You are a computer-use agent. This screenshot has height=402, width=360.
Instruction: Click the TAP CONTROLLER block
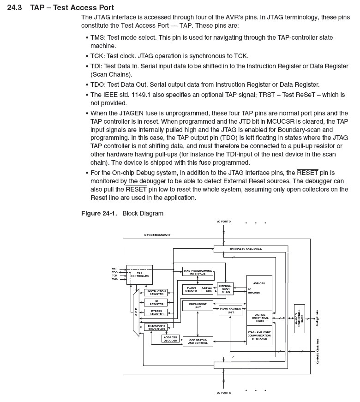139,275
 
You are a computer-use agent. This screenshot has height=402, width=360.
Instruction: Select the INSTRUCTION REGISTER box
156,293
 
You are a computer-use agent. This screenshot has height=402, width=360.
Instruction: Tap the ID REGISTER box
156,302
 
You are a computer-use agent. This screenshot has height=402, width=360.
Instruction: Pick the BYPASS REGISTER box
156,312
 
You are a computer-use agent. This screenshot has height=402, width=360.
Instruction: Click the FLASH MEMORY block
191,289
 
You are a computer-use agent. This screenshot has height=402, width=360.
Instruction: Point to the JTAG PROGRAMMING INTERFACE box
198,271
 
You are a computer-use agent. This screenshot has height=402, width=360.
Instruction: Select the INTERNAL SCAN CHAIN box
225,289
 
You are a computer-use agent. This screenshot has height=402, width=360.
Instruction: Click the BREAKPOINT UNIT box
198,306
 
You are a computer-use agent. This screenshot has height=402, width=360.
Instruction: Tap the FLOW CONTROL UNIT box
230,310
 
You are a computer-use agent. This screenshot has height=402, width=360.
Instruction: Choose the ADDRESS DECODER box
170,339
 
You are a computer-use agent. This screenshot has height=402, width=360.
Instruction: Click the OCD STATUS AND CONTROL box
198,342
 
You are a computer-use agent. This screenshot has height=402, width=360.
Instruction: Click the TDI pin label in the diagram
114,269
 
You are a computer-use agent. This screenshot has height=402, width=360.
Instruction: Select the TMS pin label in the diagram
114,279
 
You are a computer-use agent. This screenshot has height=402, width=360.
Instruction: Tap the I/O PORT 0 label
223,222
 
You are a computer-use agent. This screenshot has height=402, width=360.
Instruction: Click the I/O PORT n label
223,393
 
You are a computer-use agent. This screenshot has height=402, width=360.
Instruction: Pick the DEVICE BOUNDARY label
157,235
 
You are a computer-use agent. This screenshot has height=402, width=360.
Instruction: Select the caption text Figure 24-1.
99,213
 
